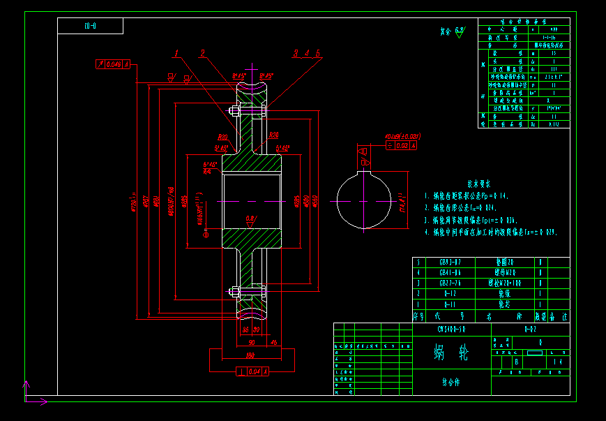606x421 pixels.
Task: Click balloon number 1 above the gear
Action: click(x=177, y=54)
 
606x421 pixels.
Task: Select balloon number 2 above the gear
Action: click(x=202, y=54)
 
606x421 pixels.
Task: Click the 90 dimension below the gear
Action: click(x=251, y=341)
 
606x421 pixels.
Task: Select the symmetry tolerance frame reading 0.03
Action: click(x=402, y=146)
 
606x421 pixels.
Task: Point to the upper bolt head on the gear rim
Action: click(x=234, y=110)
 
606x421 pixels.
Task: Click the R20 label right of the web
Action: click(x=273, y=135)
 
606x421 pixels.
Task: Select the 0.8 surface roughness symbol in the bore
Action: click(x=250, y=219)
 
